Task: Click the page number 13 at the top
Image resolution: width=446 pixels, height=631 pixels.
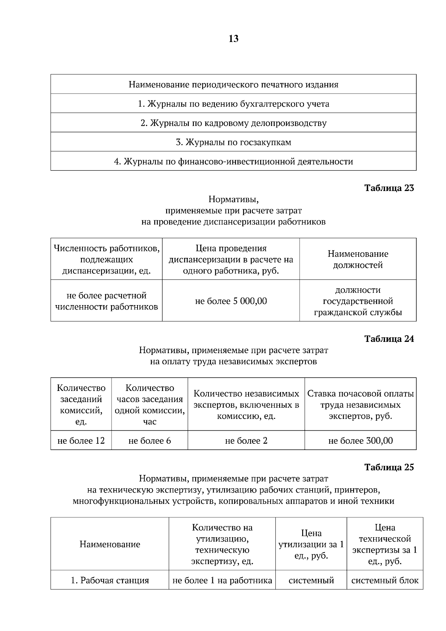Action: click(x=233, y=39)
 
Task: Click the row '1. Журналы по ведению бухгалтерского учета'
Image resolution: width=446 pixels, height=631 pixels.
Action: click(x=233, y=104)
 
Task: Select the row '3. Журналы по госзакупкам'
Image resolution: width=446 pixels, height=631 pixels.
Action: click(x=233, y=142)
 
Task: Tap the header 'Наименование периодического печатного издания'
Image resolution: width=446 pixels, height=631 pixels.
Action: click(x=233, y=84)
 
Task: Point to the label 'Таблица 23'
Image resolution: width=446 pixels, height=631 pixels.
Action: click(x=389, y=188)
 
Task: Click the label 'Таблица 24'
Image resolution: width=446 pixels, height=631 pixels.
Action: click(x=389, y=339)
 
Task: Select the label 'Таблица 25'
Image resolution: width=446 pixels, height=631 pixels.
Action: click(x=389, y=467)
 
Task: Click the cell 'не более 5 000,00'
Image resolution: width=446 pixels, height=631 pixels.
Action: click(x=231, y=301)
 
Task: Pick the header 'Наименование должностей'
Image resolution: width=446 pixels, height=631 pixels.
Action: click(x=358, y=259)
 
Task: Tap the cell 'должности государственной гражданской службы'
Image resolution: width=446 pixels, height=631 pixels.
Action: click(x=358, y=301)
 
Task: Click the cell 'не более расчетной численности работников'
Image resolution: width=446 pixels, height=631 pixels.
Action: click(x=106, y=301)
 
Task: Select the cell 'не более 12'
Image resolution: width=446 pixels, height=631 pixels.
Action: click(x=81, y=441)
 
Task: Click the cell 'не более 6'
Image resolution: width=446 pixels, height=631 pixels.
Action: click(x=149, y=441)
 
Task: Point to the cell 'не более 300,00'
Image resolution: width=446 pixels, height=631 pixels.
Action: click(x=360, y=441)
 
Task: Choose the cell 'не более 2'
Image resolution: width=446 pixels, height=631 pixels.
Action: click(x=246, y=441)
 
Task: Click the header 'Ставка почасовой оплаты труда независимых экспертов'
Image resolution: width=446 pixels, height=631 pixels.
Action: click(x=360, y=405)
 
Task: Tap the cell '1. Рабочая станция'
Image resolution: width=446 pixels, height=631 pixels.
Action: click(x=110, y=580)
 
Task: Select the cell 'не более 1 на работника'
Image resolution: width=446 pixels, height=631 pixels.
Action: click(x=222, y=580)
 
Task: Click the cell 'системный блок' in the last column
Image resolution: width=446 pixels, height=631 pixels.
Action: click(x=385, y=580)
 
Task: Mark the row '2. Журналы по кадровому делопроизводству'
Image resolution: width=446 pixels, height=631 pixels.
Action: click(x=233, y=123)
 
